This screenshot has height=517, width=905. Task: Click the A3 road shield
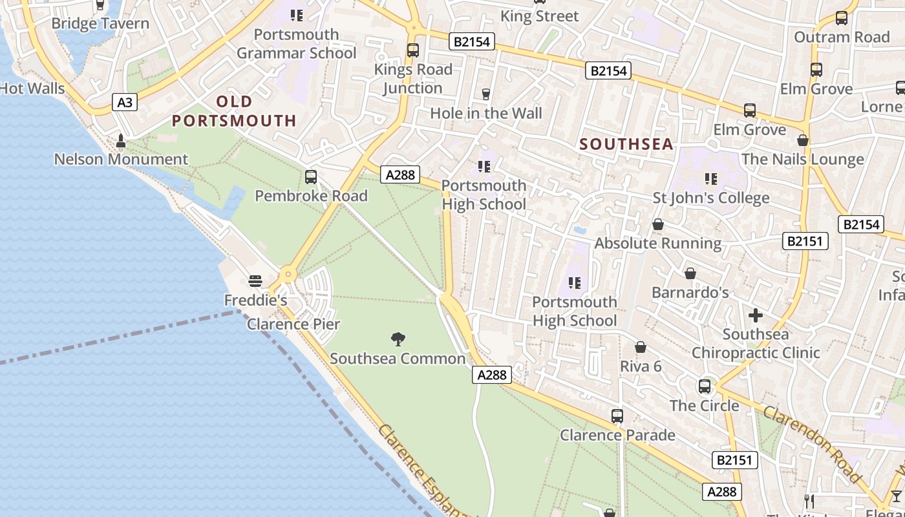[x=125, y=101]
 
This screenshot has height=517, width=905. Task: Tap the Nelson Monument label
[x=121, y=159]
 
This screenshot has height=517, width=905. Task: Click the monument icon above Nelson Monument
[x=121, y=140]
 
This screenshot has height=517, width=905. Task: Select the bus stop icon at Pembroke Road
[x=311, y=177]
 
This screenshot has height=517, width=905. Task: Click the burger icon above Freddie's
[x=255, y=281]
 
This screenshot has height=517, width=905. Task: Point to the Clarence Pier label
[x=293, y=324]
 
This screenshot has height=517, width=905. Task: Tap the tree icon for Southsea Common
[x=398, y=339]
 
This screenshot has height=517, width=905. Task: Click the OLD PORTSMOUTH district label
[x=234, y=111]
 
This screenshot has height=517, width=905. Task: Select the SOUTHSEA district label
[x=626, y=144]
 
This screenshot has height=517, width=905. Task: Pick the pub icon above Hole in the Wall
[x=486, y=94]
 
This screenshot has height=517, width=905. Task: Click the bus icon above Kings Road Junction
[x=412, y=50]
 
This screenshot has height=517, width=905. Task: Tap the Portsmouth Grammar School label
[x=296, y=43]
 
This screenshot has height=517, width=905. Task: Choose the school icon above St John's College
[x=711, y=178]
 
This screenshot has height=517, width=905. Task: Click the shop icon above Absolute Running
[x=658, y=224]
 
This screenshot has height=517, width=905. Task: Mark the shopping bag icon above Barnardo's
[x=690, y=273]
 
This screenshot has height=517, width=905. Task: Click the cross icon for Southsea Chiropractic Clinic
[x=756, y=315]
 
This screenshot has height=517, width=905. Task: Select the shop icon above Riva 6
[x=641, y=348]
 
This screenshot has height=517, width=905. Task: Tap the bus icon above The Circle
[x=705, y=386]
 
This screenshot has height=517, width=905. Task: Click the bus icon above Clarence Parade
[x=617, y=416]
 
